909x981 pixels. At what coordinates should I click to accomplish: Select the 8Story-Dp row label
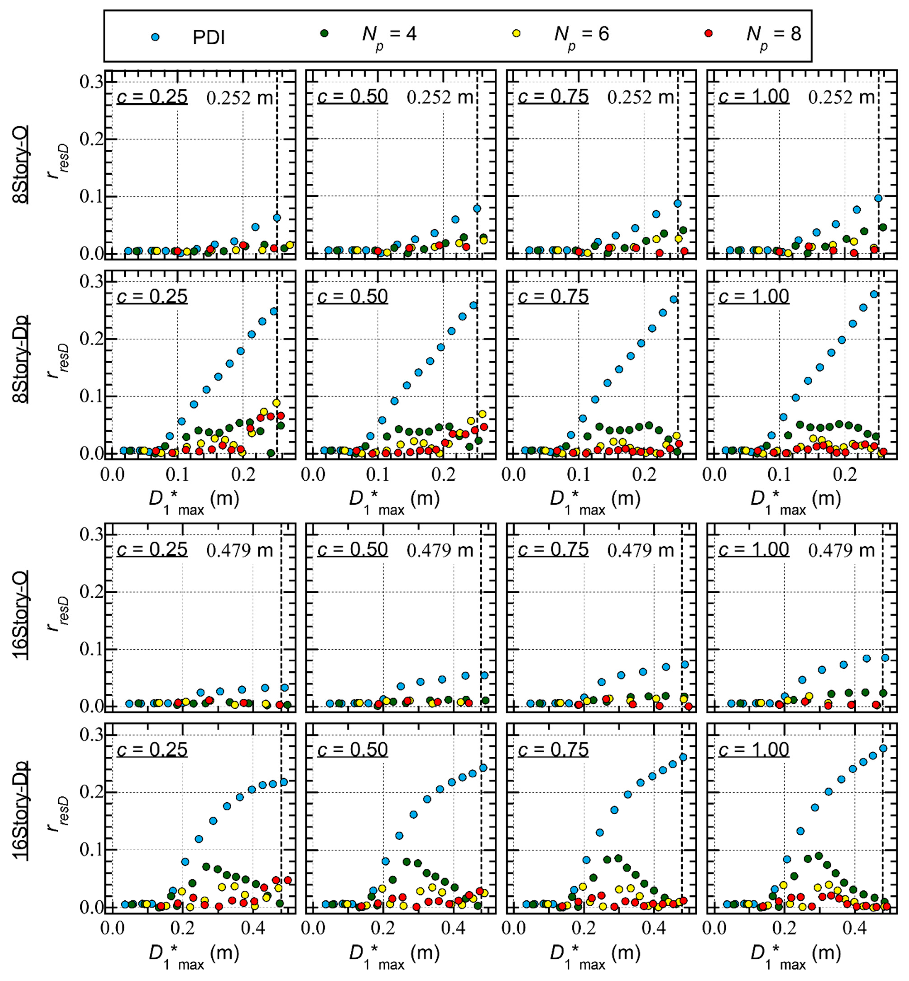pos(21,359)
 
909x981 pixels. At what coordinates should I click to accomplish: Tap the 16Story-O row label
pos(21,614)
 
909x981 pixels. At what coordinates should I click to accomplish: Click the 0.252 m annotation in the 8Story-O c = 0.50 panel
pos(439,97)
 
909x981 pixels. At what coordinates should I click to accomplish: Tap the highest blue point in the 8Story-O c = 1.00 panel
pos(878,198)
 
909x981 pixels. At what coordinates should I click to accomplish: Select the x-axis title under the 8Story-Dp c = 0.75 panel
pos(595,500)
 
